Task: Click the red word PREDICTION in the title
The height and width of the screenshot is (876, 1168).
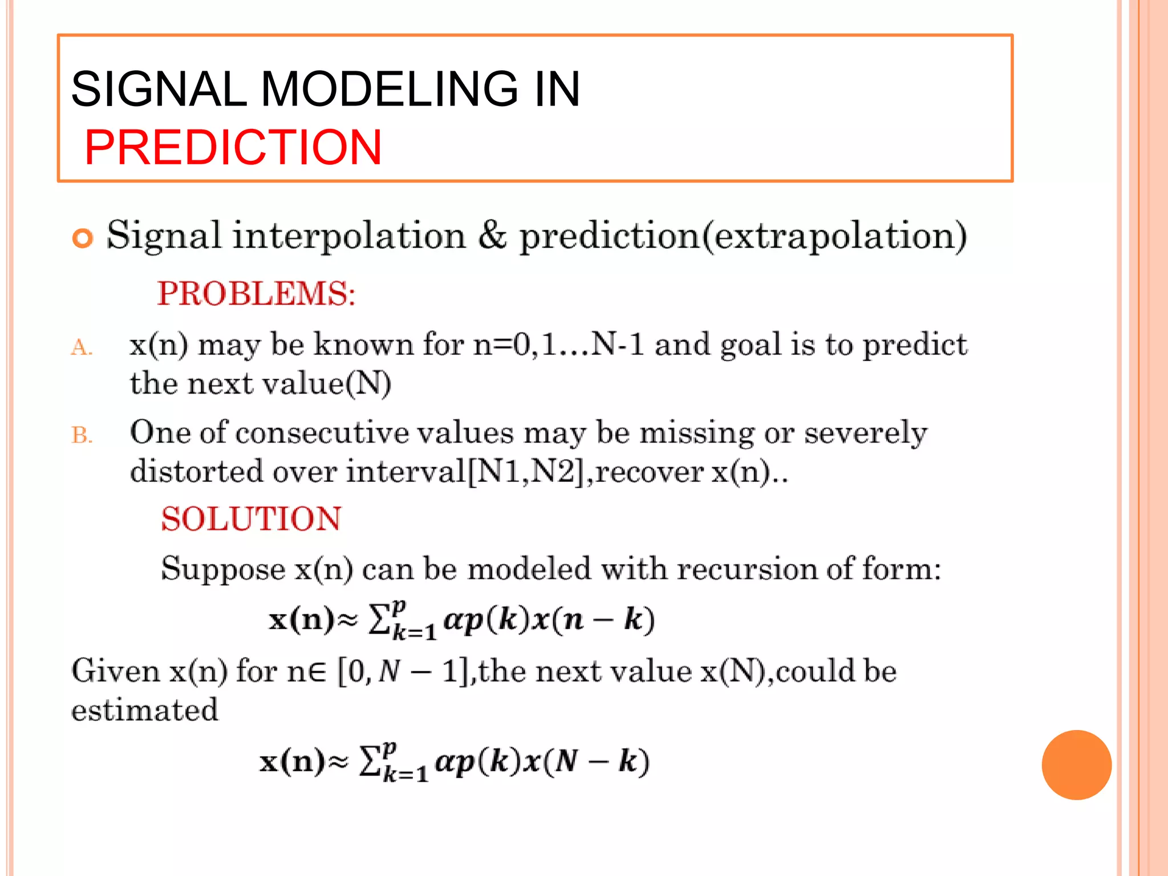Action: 233,148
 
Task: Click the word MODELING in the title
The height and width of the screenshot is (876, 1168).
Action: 390,89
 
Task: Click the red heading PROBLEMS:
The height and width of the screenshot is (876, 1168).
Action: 256,294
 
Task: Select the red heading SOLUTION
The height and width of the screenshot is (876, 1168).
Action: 251,519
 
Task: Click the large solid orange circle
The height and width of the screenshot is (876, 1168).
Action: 1076,765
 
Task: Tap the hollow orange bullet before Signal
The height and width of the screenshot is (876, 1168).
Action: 83,238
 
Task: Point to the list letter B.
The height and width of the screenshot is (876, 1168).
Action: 81,435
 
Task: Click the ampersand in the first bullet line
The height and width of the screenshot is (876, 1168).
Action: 492,235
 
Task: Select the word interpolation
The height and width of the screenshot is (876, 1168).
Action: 349,236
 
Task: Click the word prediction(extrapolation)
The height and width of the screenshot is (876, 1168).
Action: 743,236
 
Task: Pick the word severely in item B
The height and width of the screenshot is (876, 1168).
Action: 865,433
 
